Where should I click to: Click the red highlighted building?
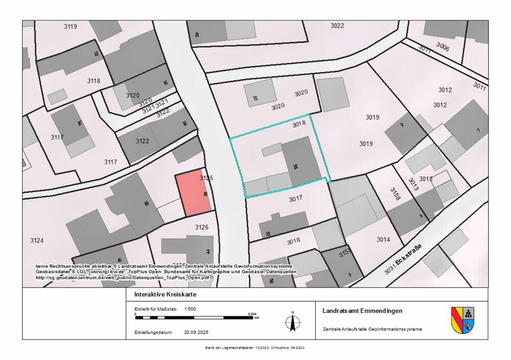pos(193,194)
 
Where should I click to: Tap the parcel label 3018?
pos(299,124)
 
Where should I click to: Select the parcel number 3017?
pos(297,200)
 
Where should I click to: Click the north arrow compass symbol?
pos(292,321)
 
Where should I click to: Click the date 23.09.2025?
pos(197,332)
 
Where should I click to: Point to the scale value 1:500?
pos(190,309)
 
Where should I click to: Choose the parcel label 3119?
pos(71,27)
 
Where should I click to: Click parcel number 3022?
pos(337,26)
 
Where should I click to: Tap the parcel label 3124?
pos(37,240)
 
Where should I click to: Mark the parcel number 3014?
pos(383,239)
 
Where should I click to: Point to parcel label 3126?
pos(202,227)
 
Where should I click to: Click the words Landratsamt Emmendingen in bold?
pos(362,310)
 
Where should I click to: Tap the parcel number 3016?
pos(293,241)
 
